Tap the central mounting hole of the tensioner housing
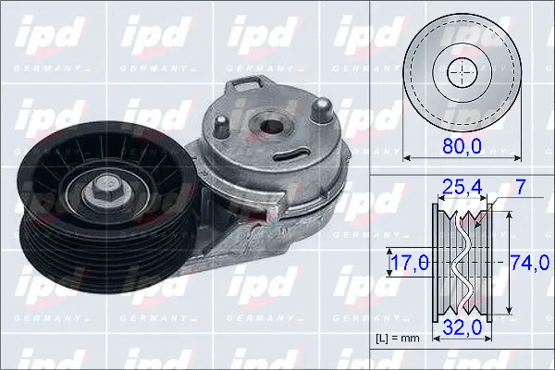pos(270,126)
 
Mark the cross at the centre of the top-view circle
pos(460,72)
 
